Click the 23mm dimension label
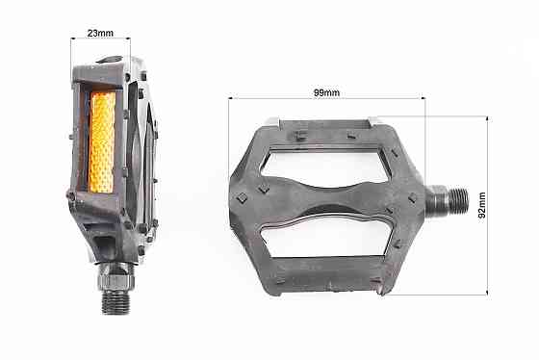[x=100, y=33]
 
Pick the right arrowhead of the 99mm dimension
[x=423, y=99]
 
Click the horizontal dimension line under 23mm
[x=100, y=40]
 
